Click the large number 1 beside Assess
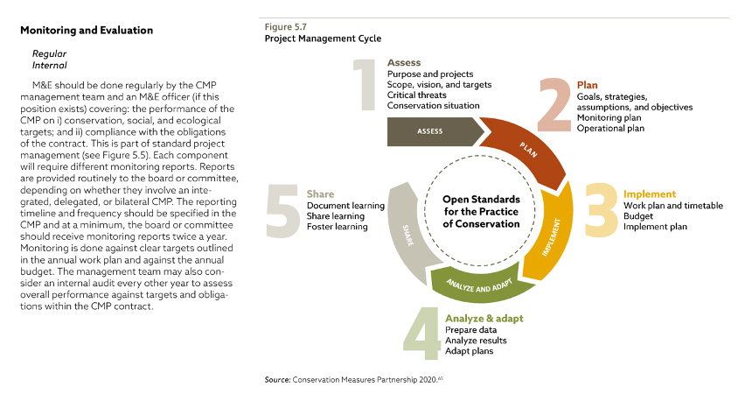click(366, 87)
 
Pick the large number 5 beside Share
click(283, 208)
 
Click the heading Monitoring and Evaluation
click(86, 31)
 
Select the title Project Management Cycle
click(323, 39)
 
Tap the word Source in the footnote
click(277, 379)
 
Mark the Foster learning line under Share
click(338, 227)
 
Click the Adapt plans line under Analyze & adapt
click(470, 350)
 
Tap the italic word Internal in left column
click(49, 65)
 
